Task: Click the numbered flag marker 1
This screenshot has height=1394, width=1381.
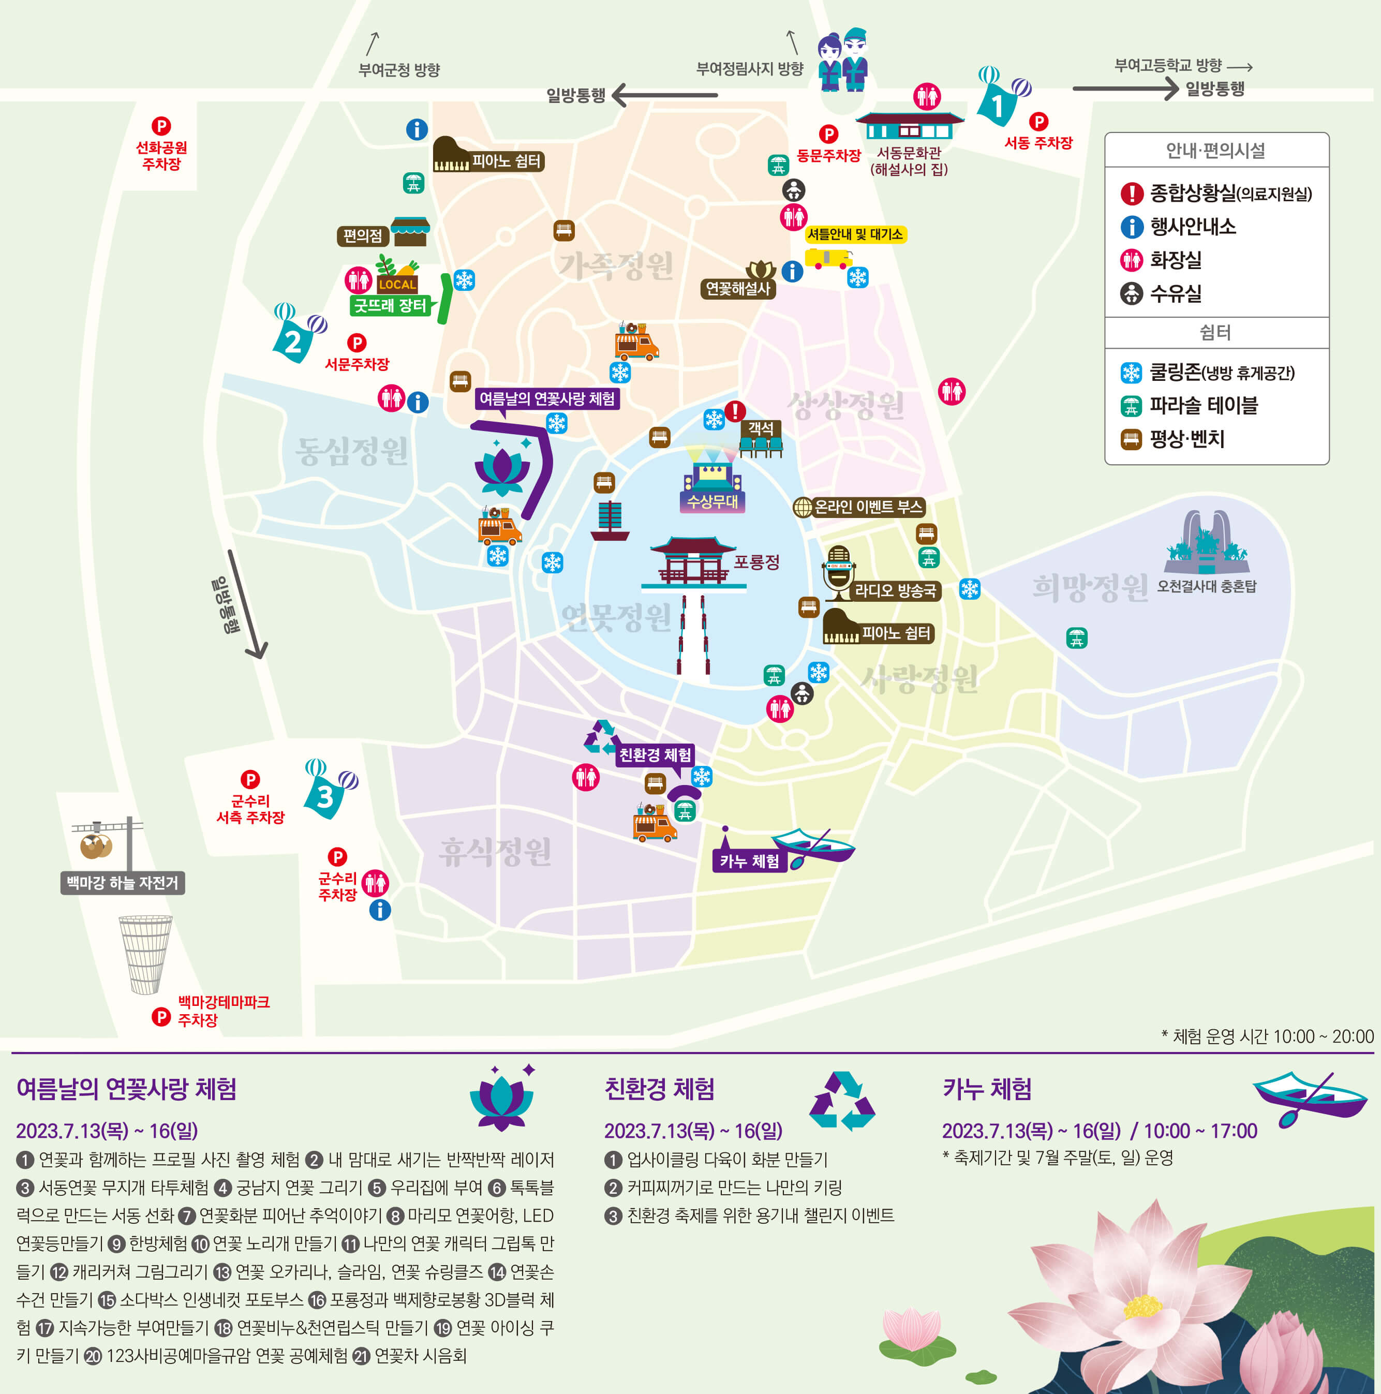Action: [x=999, y=105]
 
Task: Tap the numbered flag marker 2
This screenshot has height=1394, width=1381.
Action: [x=293, y=340]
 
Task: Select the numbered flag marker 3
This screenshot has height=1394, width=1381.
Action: [x=325, y=796]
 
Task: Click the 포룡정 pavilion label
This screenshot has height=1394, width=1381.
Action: [x=756, y=562]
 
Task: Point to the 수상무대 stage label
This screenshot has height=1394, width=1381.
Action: [x=711, y=501]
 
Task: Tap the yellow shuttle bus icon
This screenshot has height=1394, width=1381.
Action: [x=827, y=258]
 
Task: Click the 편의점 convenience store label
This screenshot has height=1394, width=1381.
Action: [x=362, y=236]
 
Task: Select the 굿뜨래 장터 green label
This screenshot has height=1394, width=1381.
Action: [x=390, y=305]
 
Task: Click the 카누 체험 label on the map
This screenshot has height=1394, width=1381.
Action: [x=749, y=861]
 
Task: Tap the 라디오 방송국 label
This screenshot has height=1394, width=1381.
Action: [x=896, y=591]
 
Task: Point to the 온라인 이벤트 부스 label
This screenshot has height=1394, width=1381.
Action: [x=868, y=507]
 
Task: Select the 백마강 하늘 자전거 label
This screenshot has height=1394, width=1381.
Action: [x=122, y=882]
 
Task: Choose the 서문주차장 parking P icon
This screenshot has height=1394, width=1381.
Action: [x=357, y=343]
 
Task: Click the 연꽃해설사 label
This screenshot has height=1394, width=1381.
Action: [x=737, y=289]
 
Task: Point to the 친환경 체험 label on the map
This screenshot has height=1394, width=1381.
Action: [x=655, y=755]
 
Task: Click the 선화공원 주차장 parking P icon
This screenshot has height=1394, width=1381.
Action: [x=161, y=126]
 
